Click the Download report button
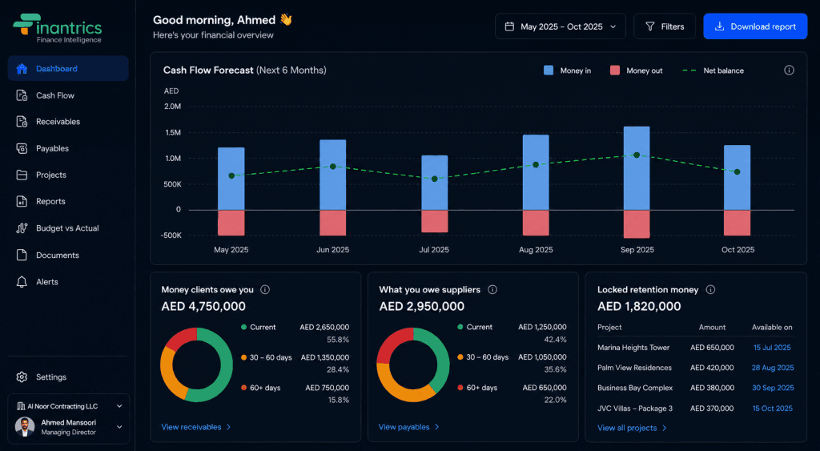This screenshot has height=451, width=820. pyautogui.click(x=755, y=26)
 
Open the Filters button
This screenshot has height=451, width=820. pyautogui.click(x=664, y=26)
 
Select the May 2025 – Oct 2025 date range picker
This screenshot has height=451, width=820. pyautogui.click(x=560, y=26)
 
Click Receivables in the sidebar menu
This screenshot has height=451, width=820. pyautogui.click(x=58, y=122)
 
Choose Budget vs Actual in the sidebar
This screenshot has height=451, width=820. pyautogui.click(x=67, y=228)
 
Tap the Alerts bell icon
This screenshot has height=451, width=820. pyautogui.click(x=22, y=282)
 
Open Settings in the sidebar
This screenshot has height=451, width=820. pyautogui.click(x=51, y=377)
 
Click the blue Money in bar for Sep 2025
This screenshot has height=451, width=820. pyautogui.click(x=637, y=168)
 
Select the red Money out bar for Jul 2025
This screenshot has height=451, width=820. pyautogui.click(x=435, y=221)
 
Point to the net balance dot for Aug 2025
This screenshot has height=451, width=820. pyautogui.click(x=536, y=165)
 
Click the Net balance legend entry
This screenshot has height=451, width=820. pyautogui.click(x=713, y=70)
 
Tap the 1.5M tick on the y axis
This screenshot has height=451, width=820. pyautogui.click(x=173, y=132)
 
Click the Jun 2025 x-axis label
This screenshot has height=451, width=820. pyautogui.click(x=332, y=250)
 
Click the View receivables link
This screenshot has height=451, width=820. pyautogui.click(x=195, y=427)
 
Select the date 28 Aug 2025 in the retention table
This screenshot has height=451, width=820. pyautogui.click(x=773, y=368)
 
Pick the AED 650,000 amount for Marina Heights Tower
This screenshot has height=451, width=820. pyautogui.click(x=712, y=348)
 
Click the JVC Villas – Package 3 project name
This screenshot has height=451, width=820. pyautogui.click(x=635, y=408)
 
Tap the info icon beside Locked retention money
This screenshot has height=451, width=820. pyautogui.click(x=710, y=289)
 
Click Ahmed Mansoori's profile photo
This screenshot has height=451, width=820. pyautogui.click(x=25, y=426)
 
